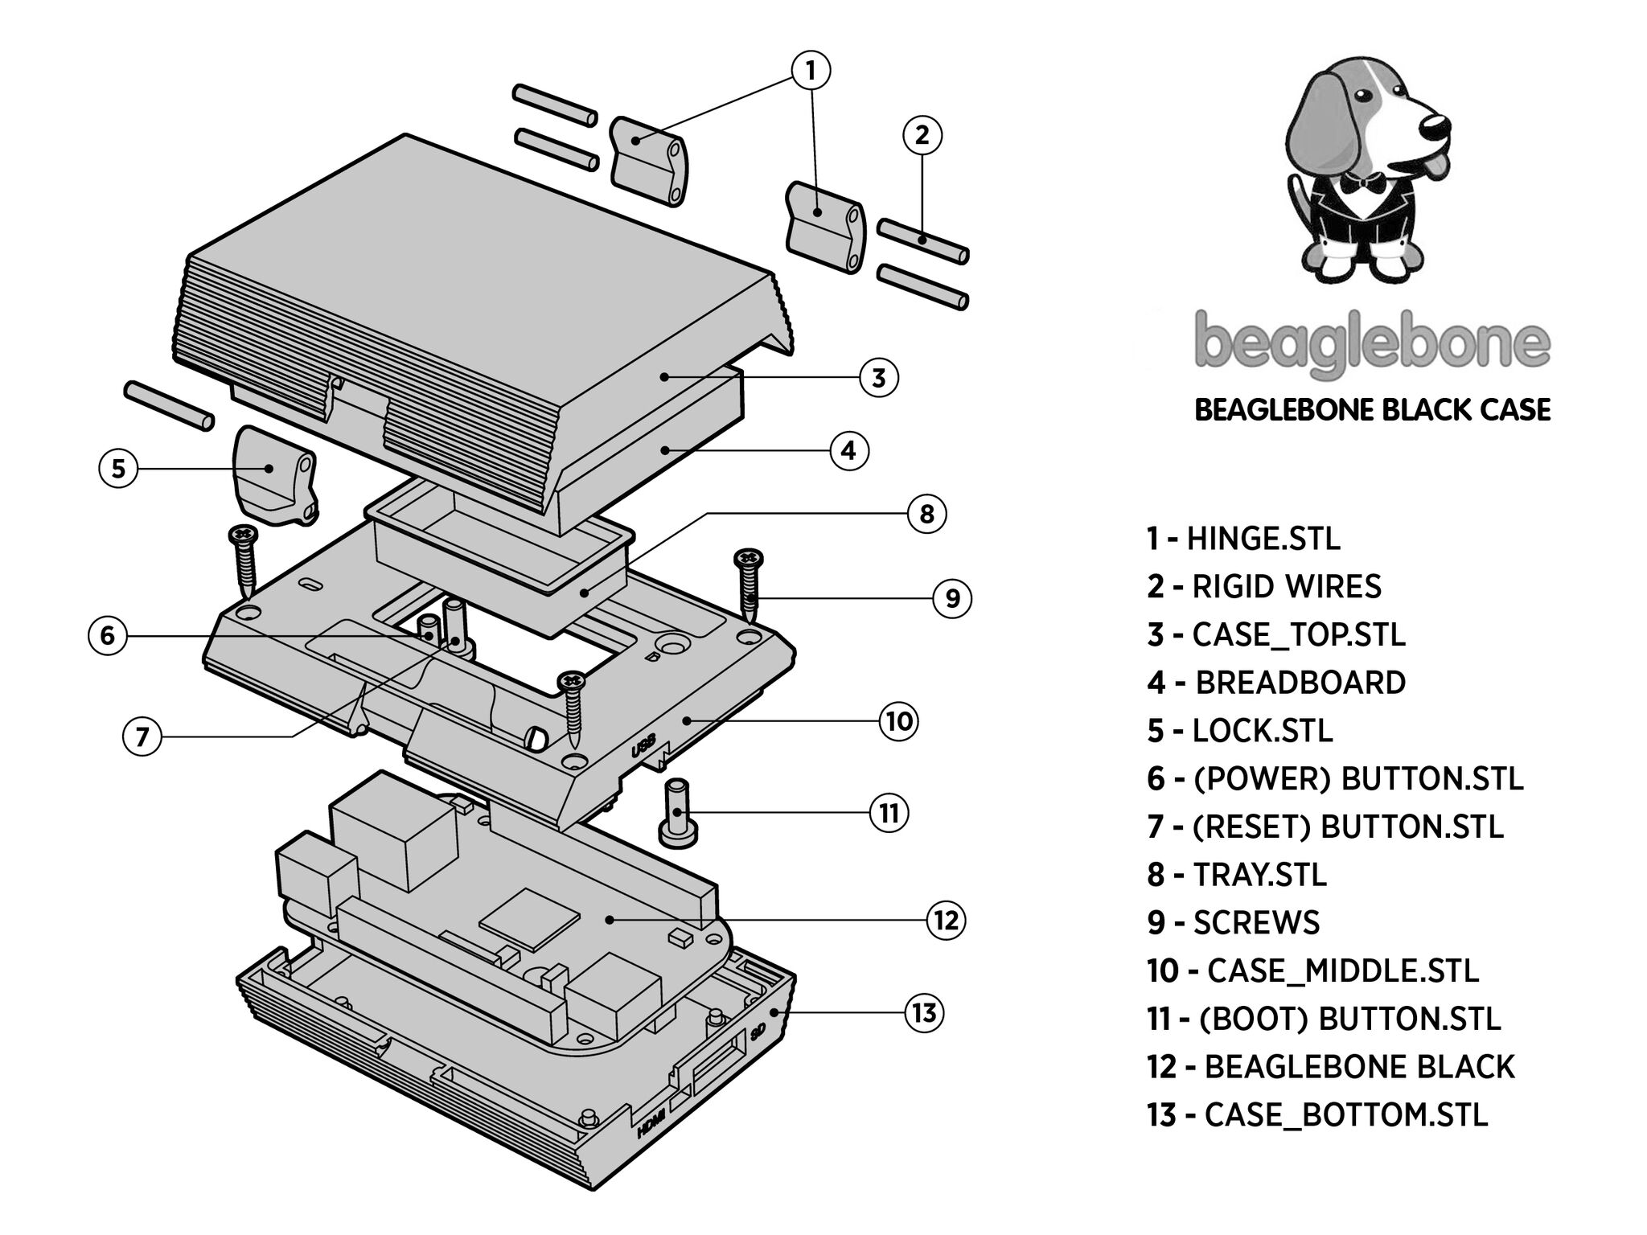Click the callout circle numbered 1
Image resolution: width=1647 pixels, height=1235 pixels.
tap(811, 71)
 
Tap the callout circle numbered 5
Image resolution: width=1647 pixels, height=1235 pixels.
tap(119, 468)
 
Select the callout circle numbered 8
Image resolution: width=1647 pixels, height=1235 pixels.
tap(926, 513)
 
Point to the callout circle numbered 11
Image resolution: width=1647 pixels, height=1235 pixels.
tap(889, 814)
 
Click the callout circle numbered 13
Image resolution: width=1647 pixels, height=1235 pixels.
tap(924, 1013)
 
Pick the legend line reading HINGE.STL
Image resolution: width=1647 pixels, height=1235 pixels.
tap(1243, 538)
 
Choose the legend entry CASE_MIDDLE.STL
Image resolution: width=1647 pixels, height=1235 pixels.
tap(1312, 970)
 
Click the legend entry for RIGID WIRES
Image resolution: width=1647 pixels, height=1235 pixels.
tap(1263, 586)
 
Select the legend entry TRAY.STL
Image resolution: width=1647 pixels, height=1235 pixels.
tap(1237, 874)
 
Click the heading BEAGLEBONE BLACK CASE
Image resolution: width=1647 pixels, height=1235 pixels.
tap(1372, 410)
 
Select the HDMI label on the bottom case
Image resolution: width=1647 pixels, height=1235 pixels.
tap(651, 1122)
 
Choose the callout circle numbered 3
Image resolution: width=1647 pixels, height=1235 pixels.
tap(878, 377)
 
